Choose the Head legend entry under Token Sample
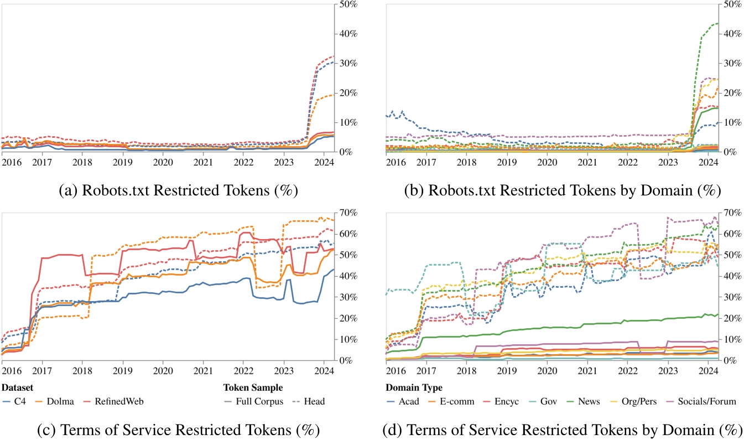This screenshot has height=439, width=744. pyautogui.click(x=308, y=401)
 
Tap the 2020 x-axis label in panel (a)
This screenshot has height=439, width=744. pyautogui.click(x=162, y=163)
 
